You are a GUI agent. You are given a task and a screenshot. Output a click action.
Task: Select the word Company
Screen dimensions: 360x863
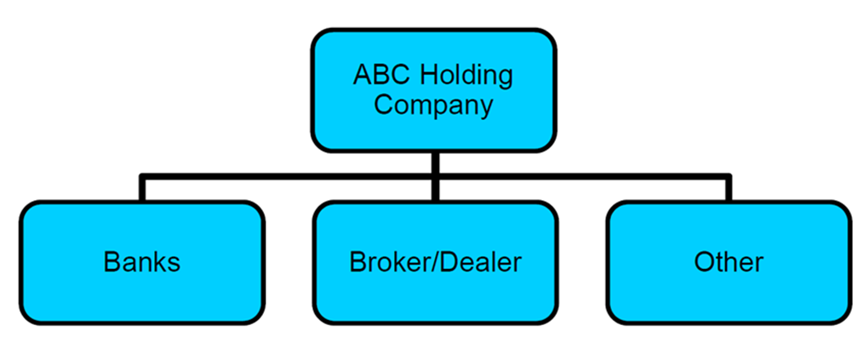[x=433, y=106]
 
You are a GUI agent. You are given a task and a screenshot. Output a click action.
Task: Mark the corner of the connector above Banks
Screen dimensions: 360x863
[x=142, y=177]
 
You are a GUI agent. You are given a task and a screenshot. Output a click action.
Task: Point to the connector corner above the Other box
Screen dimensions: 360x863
[x=728, y=177]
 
